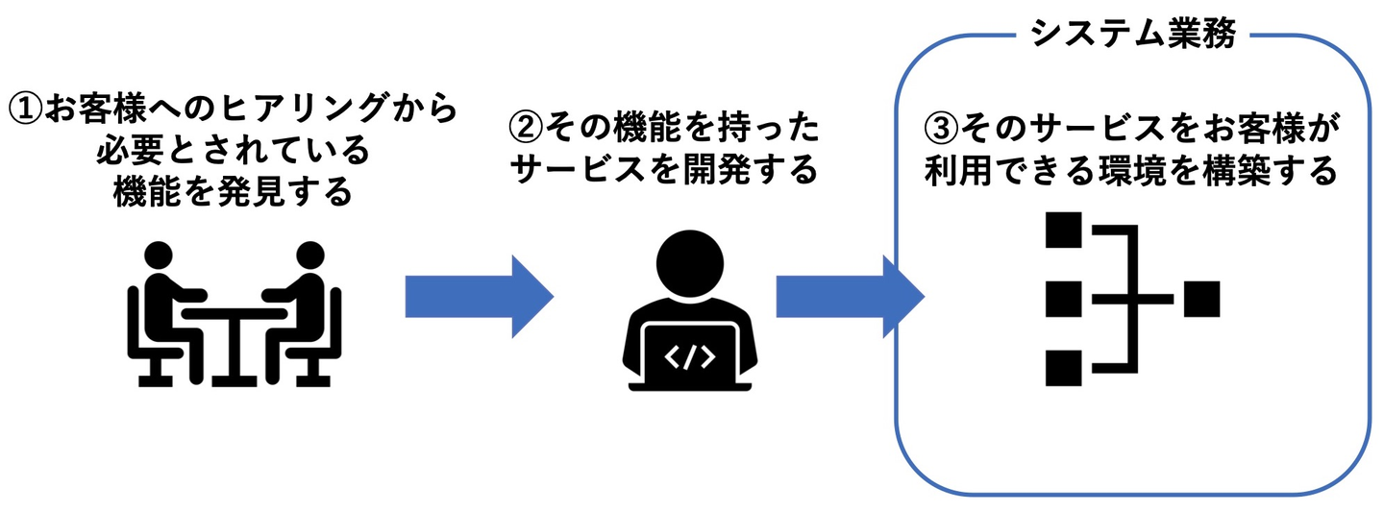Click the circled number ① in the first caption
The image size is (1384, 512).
pos(26,110)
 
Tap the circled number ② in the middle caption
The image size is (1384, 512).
pos(525,128)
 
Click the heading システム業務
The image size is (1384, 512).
pos(1132,34)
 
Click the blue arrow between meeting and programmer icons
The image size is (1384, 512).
pos(480,297)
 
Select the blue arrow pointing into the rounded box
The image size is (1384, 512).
pos(851,297)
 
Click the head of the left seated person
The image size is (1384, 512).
pos(159,256)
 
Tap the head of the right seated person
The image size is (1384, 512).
pos(310,256)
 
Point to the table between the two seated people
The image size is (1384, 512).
pos(235,347)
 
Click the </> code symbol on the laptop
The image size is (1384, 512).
pos(689,357)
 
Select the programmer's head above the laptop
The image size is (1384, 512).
pos(689,264)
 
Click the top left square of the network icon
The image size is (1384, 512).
pos(1063,230)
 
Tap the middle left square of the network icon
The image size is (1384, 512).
pos(1063,299)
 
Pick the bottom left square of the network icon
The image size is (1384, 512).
pos(1063,368)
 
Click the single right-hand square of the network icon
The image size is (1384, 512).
pos(1201,299)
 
